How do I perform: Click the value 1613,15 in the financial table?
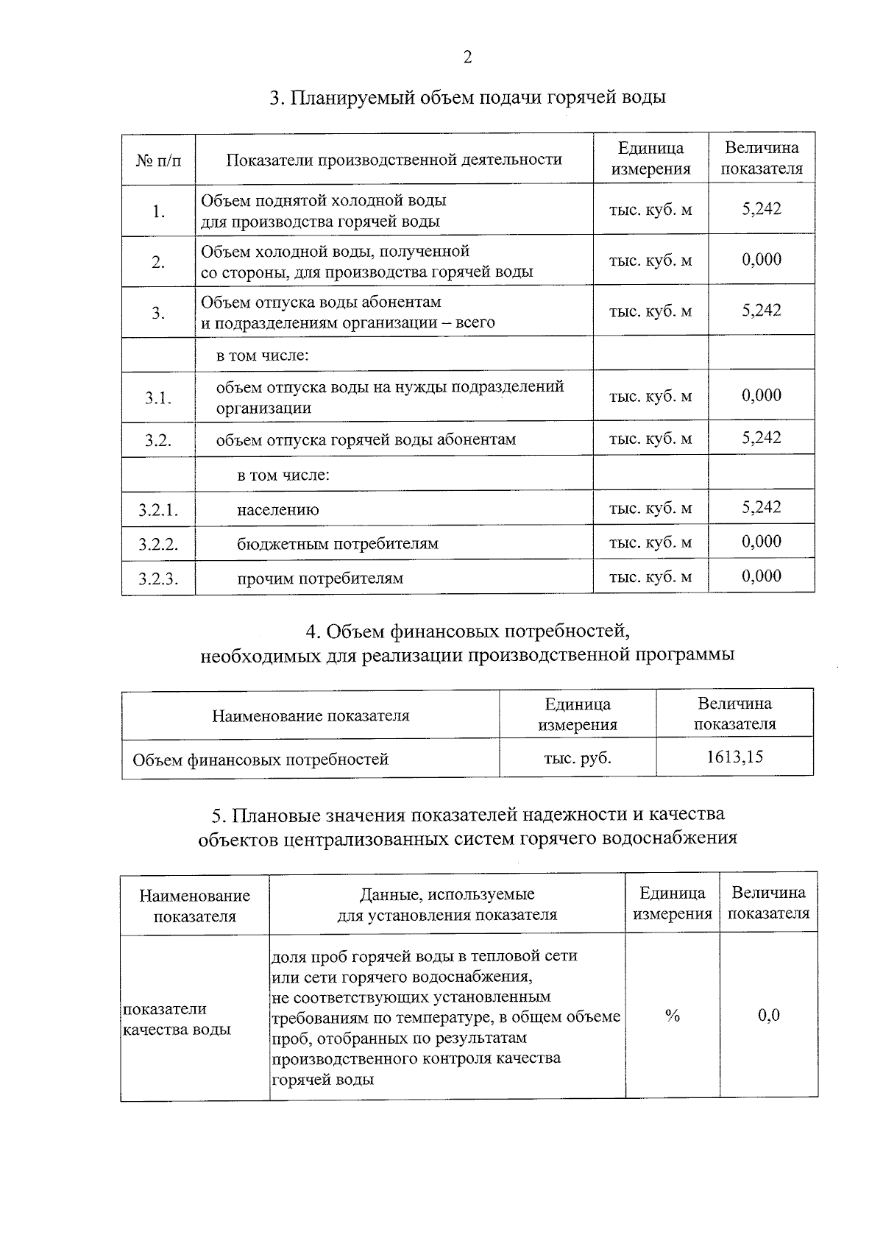pyautogui.click(x=734, y=757)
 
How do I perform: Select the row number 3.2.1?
pyautogui.click(x=158, y=510)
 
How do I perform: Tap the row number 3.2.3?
pyautogui.click(x=158, y=578)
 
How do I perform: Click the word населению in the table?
pyautogui.click(x=277, y=509)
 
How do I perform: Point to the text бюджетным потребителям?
pyautogui.click(x=337, y=544)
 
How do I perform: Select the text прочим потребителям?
pyautogui.click(x=320, y=578)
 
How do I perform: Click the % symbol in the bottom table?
pyautogui.click(x=672, y=1016)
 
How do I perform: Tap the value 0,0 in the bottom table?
pyautogui.click(x=769, y=1016)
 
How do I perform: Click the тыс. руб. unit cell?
pyautogui.click(x=578, y=758)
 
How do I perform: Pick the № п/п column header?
pyautogui.click(x=158, y=160)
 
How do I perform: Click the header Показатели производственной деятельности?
pyautogui.click(x=394, y=160)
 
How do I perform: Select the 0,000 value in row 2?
pyautogui.click(x=762, y=260)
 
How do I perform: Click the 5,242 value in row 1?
pyautogui.click(x=762, y=209)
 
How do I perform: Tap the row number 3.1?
pyautogui.click(x=158, y=398)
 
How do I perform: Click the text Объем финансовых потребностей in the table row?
pyautogui.click(x=260, y=760)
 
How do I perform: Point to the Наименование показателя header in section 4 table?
pyautogui.click(x=311, y=715)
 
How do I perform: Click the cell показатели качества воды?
pyautogui.click(x=177, y=1019)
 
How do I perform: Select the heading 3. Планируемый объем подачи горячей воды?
pyautogui.click(x=467, y=98)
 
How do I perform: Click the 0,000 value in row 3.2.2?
pyautogui.click(x=762, y=542)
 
